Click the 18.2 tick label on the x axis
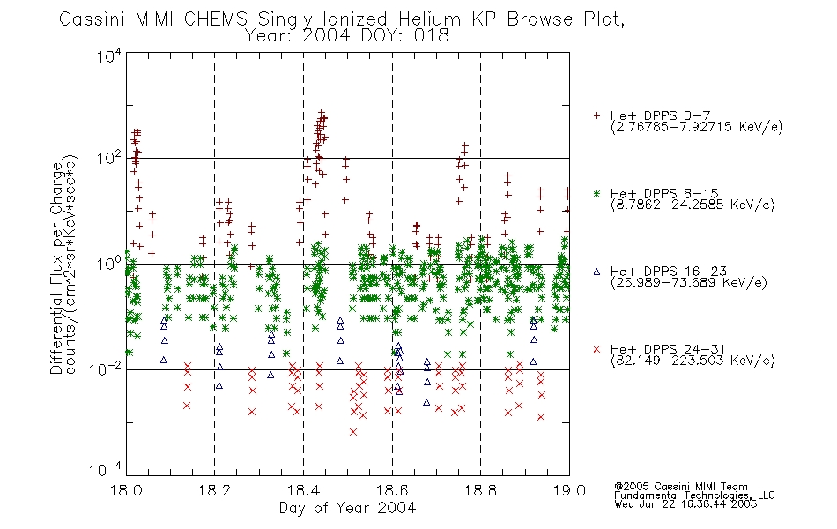tap(215, 490)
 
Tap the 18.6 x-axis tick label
tap(392, 490)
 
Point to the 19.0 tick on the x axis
tap(569, 490)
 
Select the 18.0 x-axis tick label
tap(126, 490)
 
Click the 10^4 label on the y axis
tap(109, 56)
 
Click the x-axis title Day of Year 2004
tap(347, 508)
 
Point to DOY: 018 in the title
tap(405, 36)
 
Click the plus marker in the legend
tap(597, 115)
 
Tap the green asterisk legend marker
tap(597, 193)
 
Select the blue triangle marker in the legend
tap(597, 272)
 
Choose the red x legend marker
tap(597, 349)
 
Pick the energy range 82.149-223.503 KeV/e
tap(693, 360)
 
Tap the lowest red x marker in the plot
tap(353, 432)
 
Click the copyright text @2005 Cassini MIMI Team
tap(681, 487)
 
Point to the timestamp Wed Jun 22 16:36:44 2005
tap(685, 504)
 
